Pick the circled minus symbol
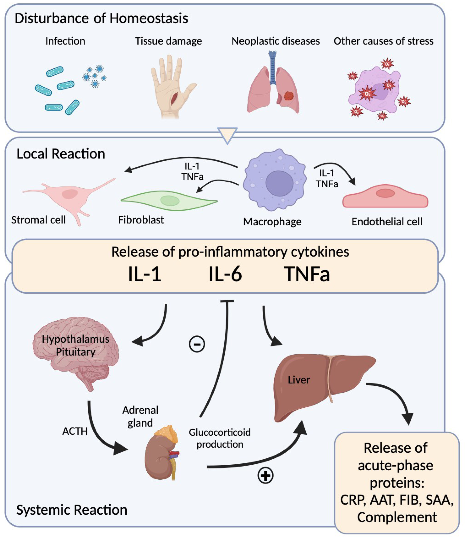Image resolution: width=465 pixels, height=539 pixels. [x=197, y=344]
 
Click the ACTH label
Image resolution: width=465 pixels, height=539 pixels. [x=75, y=431]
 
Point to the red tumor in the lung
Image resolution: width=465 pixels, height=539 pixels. [x=289, y=95]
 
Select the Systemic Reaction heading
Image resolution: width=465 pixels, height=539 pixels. [x=72, y=510]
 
